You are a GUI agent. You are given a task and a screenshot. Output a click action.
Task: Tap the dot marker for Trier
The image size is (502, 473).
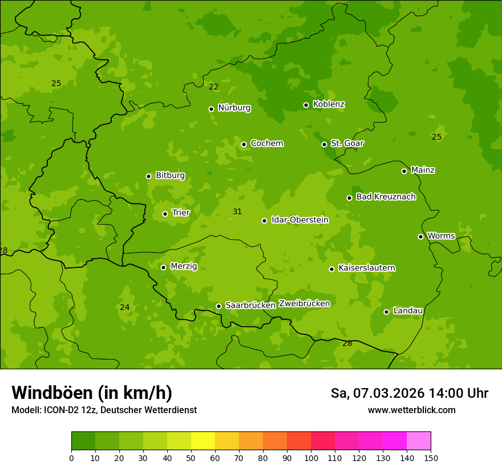pos(165,214)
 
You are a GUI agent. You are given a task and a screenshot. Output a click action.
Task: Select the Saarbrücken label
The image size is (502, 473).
pos(250,305)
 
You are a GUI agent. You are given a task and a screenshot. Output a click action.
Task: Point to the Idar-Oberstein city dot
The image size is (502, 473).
pos(264,221)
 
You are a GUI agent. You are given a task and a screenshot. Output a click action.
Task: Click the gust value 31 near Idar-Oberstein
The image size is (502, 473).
pos(237,211)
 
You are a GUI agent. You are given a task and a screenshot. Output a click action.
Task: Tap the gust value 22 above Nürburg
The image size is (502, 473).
pos(213,87)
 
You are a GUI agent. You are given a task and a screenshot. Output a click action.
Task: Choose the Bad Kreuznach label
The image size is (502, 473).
pos(386,197)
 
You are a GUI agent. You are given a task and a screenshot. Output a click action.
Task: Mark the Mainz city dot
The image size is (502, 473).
pos(404,171)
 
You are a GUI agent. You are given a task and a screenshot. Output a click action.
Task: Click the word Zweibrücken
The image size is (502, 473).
pos(304,304)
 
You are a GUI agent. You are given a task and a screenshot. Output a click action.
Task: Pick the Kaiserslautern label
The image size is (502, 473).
pos(367,268)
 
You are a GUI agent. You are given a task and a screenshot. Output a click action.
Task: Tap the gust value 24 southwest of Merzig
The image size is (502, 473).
pos(124,307)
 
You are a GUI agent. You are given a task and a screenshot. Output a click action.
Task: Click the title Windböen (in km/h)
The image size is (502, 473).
pos(92,393)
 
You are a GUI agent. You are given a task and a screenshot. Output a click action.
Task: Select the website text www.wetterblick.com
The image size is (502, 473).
pos(411,410)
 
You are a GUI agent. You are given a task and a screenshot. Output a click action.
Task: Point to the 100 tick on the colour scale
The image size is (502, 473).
pos(311,457)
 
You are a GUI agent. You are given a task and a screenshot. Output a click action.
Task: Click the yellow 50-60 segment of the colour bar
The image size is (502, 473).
pos(203,441)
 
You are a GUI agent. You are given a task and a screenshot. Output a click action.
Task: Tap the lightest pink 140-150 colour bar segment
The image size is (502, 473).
pos(419,441)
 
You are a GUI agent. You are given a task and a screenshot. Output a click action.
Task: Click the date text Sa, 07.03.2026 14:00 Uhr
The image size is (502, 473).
pos(409,393)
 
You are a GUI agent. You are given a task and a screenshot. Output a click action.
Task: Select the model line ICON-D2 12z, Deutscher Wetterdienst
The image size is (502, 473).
pos(104,410)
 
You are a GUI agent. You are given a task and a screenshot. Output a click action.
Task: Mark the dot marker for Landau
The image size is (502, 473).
pos(386,312)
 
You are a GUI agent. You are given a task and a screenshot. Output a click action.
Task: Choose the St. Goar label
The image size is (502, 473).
pos(347,143)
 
